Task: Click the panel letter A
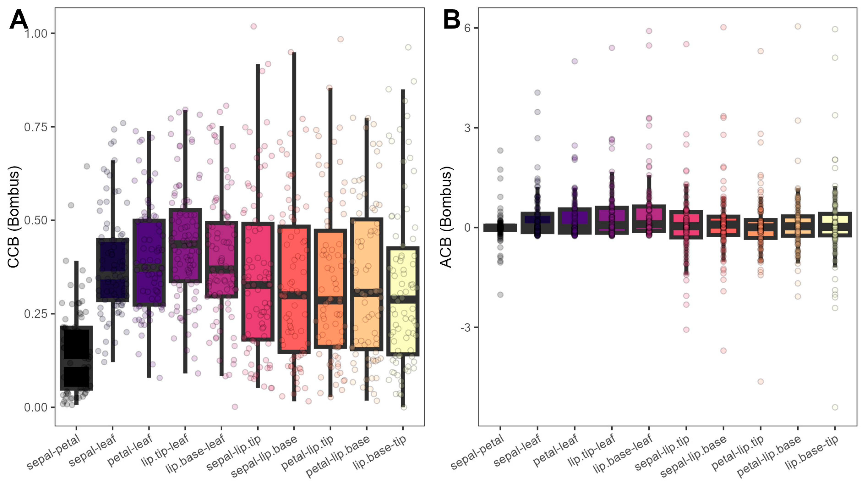click(19, 19)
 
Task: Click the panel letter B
click(451, 19)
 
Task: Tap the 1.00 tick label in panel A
click(36, 33)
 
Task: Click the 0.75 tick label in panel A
click(36, 127)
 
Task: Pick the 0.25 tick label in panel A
click(36, 314)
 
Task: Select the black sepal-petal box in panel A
click(76, 358)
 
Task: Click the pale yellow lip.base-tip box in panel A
click(403, 301)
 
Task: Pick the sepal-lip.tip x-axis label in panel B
click(662, 453)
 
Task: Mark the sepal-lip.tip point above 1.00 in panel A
click(254, 26)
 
